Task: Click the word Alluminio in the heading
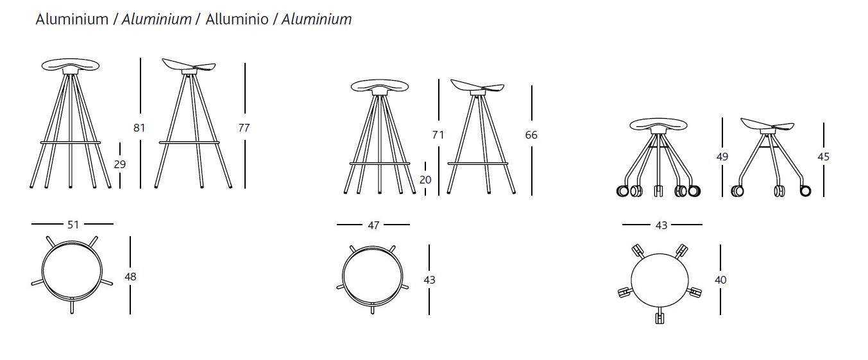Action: [237, 19]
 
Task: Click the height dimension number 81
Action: [139, 128]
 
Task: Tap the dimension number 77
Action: [244, 128]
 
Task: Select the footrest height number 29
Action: [120, 164]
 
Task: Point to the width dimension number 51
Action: [73, 225]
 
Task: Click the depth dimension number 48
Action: [130, 277]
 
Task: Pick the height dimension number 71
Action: [438, 135]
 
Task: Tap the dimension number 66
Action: [531, 135]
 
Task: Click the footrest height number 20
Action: [425, 180]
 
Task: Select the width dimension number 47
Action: [373, 225]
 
